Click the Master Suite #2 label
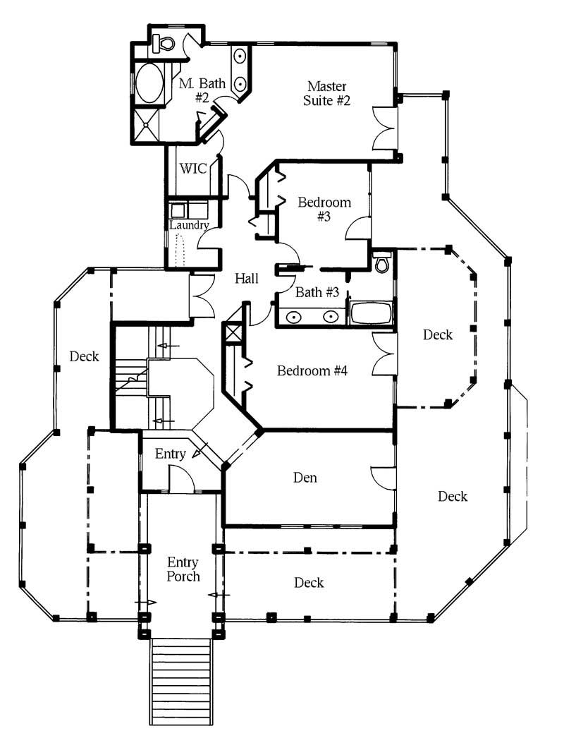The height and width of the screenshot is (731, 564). [326, 93]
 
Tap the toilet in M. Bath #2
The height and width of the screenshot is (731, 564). [163, 43]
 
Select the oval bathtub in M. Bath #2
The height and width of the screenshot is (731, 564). [149, 83]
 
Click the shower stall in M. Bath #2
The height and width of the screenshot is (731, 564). [147, 124]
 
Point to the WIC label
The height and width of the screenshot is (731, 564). [192, 169]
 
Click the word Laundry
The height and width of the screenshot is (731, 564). [189, 225]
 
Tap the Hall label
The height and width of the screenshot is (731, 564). [246, 279]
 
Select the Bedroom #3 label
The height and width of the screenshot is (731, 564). [324, 209]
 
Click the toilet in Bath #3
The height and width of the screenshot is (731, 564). [382, 262]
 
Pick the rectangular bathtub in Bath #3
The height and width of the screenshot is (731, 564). [372, 313]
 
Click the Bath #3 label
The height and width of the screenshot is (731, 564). [317, 292]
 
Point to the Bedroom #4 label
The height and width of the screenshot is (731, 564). [312, 371]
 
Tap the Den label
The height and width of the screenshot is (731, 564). [305, 478]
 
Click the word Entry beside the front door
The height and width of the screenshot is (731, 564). [170, 454]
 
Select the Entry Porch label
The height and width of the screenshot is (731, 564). [183, 569]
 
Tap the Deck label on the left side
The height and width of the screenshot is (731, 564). [85, 356]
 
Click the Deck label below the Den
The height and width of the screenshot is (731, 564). [309, 583]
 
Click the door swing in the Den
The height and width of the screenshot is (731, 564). [383, 477]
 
